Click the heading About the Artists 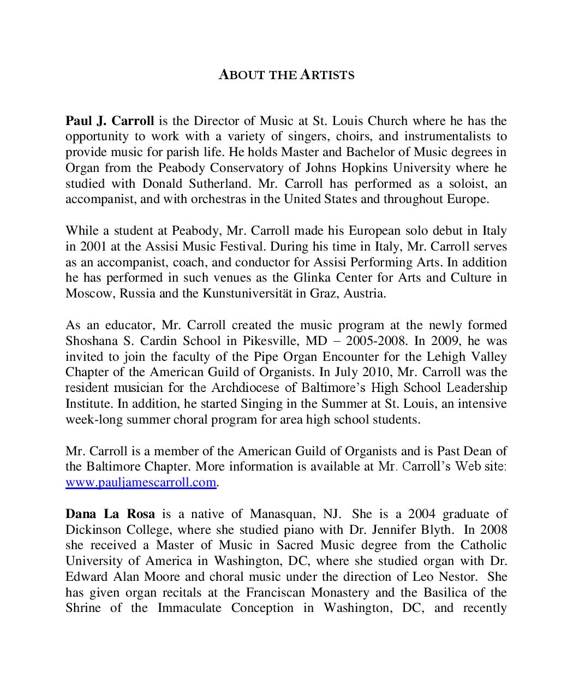(286, 75)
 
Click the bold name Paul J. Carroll (110, 121)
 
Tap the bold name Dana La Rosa (110, 514)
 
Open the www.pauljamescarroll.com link (141, 483)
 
